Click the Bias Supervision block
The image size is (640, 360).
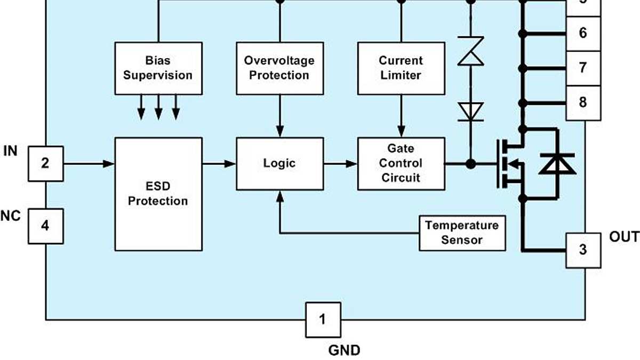point(158,68)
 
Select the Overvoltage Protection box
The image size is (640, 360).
point(279,68)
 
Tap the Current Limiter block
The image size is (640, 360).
point(401,68)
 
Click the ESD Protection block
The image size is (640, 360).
point(158,194)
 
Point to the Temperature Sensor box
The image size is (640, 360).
point(462,233)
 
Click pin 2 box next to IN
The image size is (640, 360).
point(45,163)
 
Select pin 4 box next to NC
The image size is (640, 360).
point(45,226)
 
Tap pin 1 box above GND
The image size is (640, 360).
point(323,319)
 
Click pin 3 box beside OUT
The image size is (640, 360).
point(582,250)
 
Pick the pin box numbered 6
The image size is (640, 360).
point(582,34)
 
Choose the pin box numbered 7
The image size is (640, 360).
point(582,68)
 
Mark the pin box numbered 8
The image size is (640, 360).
point(582,102)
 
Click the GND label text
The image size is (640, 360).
point(344,350)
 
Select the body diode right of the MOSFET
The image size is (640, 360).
point(557,164)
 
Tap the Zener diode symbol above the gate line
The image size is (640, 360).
point(470,51)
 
